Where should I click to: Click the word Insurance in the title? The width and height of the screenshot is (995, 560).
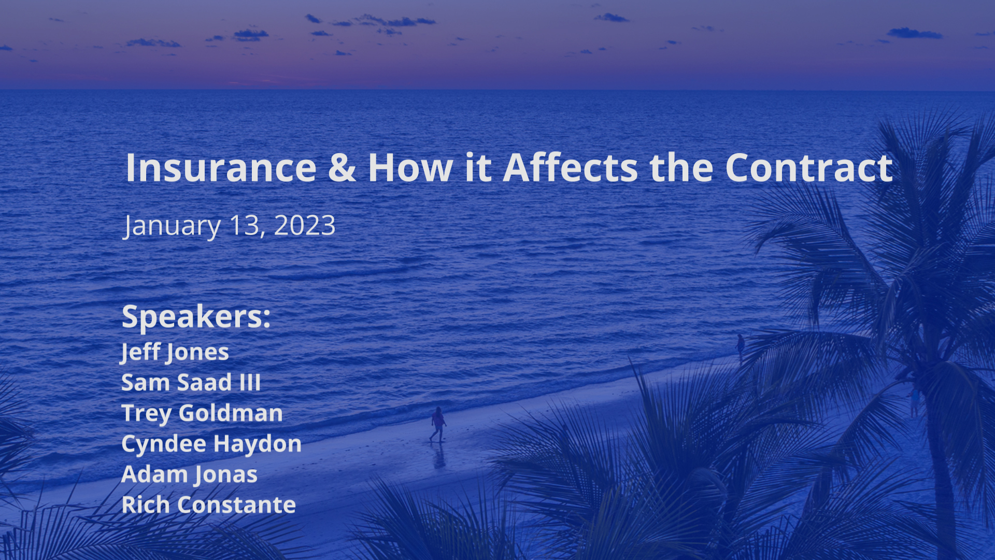[x=221, y=167]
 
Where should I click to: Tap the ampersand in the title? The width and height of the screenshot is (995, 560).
[x=342, y=167]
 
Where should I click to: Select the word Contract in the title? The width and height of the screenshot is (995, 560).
[x=809, y=167]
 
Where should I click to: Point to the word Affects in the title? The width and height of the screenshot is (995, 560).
[x=571, y=167]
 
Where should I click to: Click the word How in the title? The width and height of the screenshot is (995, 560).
[x=410, y=167]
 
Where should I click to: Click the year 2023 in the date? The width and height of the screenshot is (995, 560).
[x=305, y=226]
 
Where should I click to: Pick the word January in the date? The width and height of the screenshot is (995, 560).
[x=172, y=227]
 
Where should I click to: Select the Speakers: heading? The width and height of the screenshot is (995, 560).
[x=196, y=317]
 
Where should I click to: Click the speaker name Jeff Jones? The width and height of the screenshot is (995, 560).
[x=175, y=352]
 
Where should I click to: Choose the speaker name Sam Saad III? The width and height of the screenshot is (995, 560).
[x=191, y=383]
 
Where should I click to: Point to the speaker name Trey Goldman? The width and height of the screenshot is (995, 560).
[x=202, y=413]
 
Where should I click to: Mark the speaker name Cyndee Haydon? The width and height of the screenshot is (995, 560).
[x=211, y=444]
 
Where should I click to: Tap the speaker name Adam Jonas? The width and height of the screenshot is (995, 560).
[x=189, y=474]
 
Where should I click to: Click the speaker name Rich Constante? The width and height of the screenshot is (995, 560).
[x=208, y=505]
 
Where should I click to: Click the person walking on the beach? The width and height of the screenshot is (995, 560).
[x=438, y=424]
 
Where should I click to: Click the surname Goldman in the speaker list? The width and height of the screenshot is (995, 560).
[x=231, y=413]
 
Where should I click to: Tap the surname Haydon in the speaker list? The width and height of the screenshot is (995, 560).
[x=258, y=444]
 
